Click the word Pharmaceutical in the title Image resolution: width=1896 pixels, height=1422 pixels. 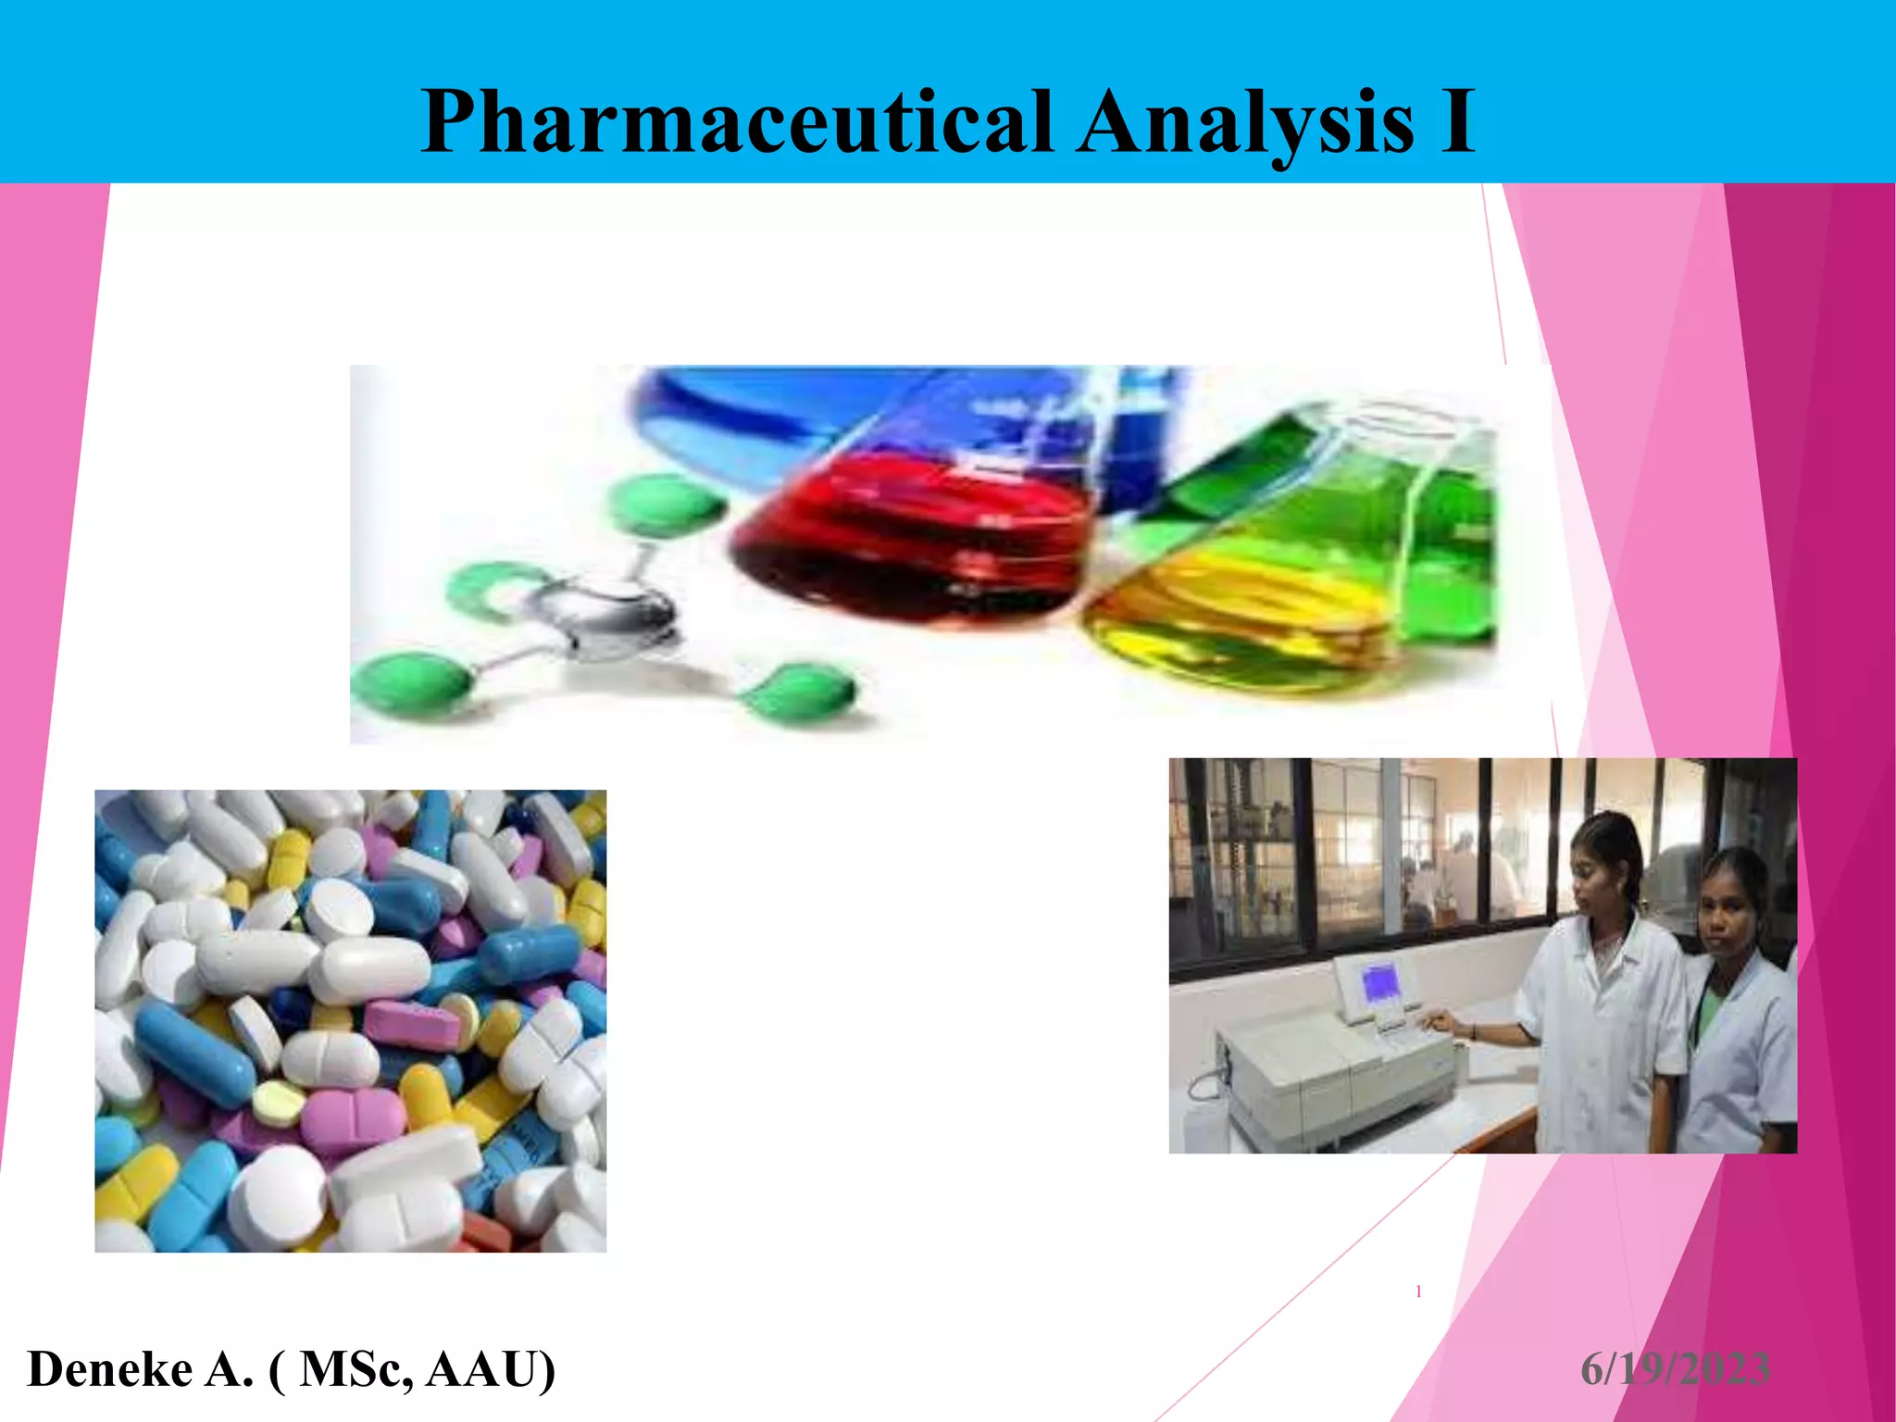[x=736, y=121]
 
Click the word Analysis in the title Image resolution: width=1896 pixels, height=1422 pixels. [x=1245, y=121]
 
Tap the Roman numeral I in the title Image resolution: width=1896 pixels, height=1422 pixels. [x=1456, y=121]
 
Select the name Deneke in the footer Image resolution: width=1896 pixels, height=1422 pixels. [x=109, y=1369]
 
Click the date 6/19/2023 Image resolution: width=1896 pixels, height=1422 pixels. [x=1675, y=1369]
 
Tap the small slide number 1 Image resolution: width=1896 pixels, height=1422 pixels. [x=1418, y=1291]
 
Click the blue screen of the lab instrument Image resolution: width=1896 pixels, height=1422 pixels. [x=1379, y=981]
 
